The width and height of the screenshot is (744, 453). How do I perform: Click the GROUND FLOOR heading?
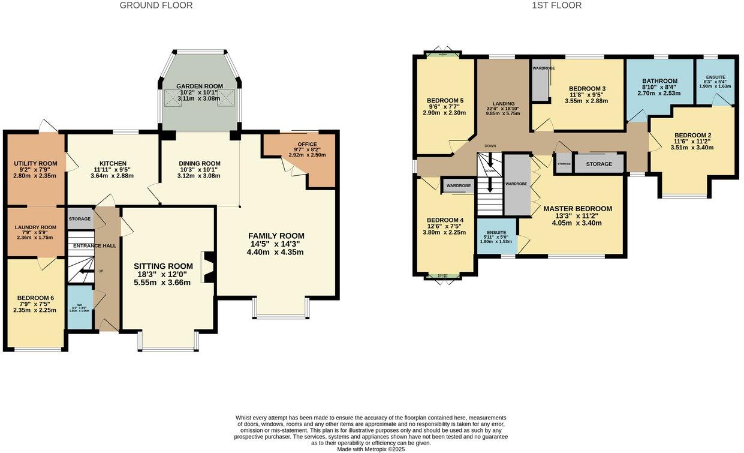click(156, 5)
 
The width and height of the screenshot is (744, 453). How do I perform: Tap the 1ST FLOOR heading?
click(556, 5)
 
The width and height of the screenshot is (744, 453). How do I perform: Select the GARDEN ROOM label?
click(200, 86)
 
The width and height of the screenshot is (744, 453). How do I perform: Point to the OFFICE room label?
click(307, 144)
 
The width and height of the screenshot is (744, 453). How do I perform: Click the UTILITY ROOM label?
click(35, 163)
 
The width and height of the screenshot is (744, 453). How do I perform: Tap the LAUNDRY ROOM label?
click(36, 227)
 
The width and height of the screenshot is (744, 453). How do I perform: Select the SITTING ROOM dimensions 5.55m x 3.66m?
click(163, 282)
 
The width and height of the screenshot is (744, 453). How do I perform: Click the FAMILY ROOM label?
click(276, 236)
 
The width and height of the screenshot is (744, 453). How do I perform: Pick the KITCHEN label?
click(113, 163)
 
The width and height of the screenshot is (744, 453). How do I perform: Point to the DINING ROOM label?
click(200, 163)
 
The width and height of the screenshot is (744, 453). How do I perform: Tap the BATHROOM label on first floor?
click(659, 81)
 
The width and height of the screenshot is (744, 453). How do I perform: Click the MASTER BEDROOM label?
click(577, 209)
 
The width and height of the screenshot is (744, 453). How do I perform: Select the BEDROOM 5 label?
click(445, 100)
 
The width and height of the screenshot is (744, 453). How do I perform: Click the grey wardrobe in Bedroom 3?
click(540, 83)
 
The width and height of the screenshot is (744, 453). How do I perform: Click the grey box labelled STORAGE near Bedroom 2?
click(599, 164)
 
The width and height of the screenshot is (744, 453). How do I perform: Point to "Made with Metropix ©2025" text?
click(371, 449)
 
